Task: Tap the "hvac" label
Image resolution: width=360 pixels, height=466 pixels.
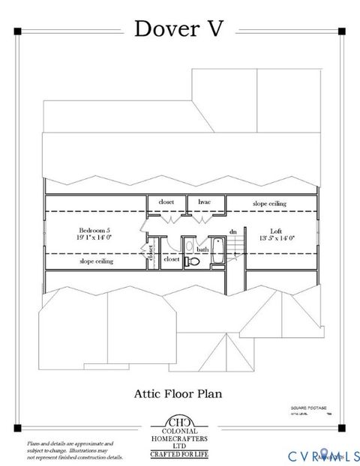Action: [204, 202]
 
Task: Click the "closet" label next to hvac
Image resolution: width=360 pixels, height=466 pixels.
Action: [165, 202]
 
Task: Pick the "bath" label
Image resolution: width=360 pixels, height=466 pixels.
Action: [202, 249]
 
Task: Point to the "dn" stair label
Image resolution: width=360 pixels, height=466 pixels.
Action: [233, 232]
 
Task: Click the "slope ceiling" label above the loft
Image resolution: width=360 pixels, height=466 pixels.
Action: [268, 203]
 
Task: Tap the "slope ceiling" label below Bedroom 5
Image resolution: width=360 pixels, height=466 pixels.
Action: [96, 262]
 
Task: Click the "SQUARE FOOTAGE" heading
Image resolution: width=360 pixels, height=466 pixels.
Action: [308, 408]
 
